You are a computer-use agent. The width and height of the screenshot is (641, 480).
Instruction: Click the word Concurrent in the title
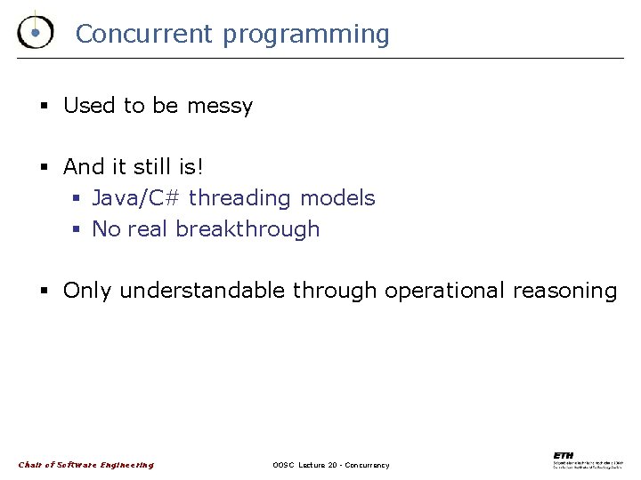(x=144, y=34)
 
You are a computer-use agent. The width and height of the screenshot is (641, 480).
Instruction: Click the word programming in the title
(x=305, y=35)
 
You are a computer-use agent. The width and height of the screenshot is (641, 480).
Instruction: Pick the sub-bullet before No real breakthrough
(x=78, y=229)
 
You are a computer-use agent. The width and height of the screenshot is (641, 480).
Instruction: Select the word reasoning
(x=567, y=291)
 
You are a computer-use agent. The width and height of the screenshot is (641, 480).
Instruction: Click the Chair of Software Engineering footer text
(x=86, y=464)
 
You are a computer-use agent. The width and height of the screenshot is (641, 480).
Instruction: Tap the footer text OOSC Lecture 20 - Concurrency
(x=331, y=465)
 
